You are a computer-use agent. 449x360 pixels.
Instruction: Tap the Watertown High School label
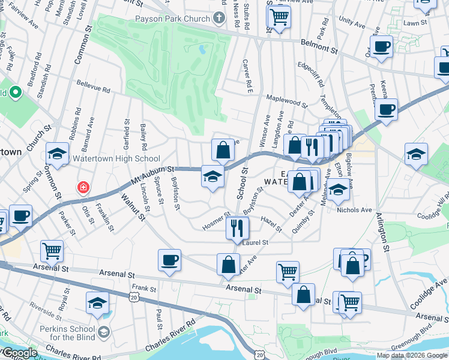[116, 159]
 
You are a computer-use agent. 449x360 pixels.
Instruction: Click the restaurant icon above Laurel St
[237, 227]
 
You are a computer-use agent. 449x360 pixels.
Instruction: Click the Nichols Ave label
[355, 210]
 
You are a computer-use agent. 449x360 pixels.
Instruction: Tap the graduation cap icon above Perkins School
[97, 302]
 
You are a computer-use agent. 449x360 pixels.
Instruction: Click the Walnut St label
[133, 206]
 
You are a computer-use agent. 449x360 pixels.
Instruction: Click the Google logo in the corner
[19, 353]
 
